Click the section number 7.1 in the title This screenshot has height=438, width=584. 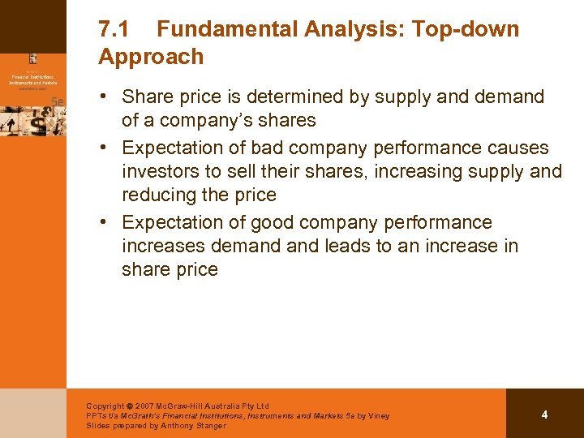[114, 30]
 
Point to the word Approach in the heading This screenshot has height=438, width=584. [151, 57]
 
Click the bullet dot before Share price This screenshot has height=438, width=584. [106, 97]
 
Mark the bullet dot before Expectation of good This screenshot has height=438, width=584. [106, 222]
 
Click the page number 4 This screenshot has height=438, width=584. [544, 414]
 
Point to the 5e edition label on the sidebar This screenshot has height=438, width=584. [57, 101]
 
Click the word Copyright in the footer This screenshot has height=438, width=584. [105, 406]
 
